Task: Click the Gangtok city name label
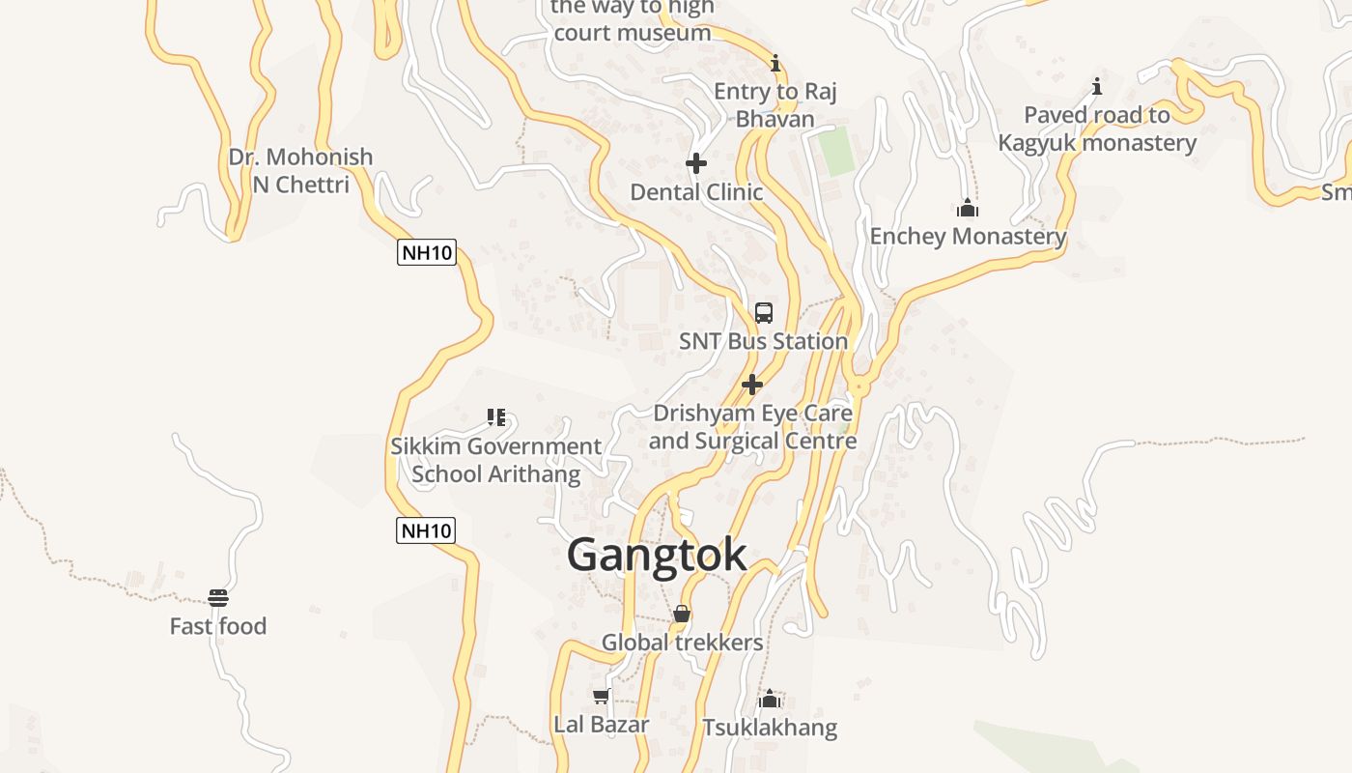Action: pyautogui.click(x=657, y=555)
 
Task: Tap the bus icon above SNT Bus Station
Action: pyautogui.click(x=764, y=312)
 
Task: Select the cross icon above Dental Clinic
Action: pyautogui.click(x=695, y=162)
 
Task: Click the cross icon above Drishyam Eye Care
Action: pyautogui.click(x=752, y=385)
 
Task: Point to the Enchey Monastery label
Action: pyautogui.click(x=968, y=236)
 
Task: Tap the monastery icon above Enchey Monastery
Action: pyautogui.click(x=968, y=208)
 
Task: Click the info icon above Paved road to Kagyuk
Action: pyautogui.click(x=1096, y=87)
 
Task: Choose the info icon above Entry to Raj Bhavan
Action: pyautogui.click(x=775, y=64)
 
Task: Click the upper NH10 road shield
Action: pyautogui.click(x=426, y=253)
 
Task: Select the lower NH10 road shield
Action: pyautogui.click(x=426, y=530)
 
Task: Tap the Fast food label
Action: pyautogui.click(x=218, y=626)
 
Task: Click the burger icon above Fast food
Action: pyautogui.click(x=218, y=598)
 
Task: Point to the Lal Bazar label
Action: pyautogui.click(x=601, y=724)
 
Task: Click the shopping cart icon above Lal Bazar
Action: pyautogui.click(x=601, y=696)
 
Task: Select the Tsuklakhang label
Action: pyautogui.click(x=770, y=727)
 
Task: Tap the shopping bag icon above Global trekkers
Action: pyautogui.click(x=682, y=614)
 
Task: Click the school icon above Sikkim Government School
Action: pyautogui.click(x=496, y=417)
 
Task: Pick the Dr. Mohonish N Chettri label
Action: pyautogui.click(x=300, y=170)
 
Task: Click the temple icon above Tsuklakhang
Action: pyautogui.click(x=770, y=699)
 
